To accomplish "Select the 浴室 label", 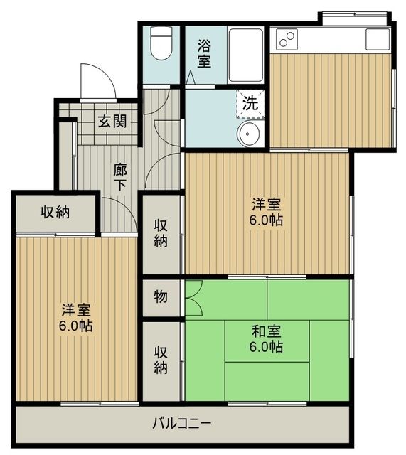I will tap(204, 53).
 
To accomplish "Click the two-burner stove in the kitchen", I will tap(287, 38).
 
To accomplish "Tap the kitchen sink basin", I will tap(378, 38).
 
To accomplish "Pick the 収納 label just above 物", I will tap(161, 233).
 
